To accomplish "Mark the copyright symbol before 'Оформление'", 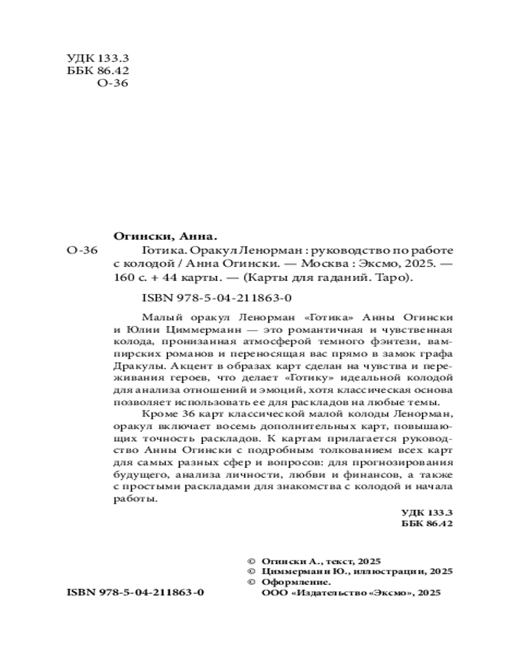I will [252, 583].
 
